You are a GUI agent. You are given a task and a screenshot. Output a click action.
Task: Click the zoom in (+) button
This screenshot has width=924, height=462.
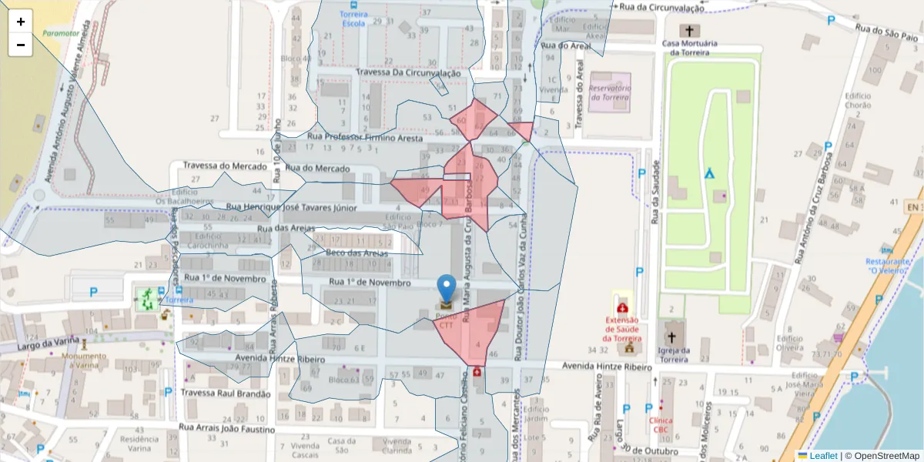(x=20, y=22)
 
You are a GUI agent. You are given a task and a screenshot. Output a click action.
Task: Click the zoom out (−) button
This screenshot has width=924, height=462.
(x=20, y=45)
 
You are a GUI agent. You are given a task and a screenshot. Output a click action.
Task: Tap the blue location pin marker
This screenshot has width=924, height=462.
(x=447, y=291)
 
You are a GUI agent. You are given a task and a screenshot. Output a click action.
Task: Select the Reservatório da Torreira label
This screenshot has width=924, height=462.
(x=609, y=92)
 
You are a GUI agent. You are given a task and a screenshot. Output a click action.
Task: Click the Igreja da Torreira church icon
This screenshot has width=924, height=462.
(x=672, y=337)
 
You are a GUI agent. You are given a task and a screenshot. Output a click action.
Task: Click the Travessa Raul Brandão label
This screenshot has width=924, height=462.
(x=226, y=393)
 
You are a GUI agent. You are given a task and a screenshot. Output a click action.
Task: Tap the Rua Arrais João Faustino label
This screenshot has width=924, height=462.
(x=226, y=427)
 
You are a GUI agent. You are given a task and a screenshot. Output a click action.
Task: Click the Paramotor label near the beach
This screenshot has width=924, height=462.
(x=61, y=33)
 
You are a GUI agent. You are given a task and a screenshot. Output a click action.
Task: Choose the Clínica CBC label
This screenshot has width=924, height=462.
(x=661, y=425)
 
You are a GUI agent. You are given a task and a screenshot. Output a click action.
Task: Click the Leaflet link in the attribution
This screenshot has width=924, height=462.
(x=823, y=456)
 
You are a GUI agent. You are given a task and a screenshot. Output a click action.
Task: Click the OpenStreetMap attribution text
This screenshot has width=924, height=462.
(x=885, y=456)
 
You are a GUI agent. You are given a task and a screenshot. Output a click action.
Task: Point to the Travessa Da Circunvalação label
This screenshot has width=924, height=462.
(x=408, y=72)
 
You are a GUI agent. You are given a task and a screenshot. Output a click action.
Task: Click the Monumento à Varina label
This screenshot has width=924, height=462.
(x=85, y=360)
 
